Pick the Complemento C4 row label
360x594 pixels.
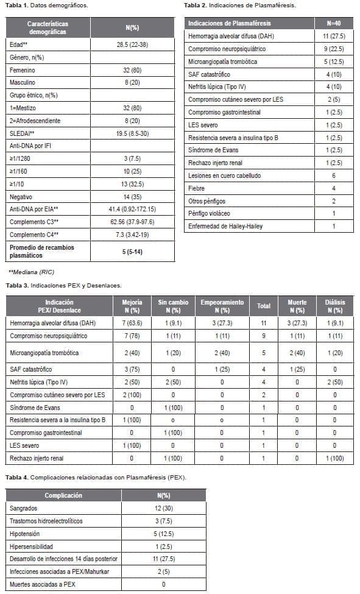tap(34, 235)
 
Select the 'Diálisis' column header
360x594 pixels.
tap(333, 305)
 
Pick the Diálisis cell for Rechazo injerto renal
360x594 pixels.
tap(333, 458)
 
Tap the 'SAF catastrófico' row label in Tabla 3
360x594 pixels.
tap(32, 370)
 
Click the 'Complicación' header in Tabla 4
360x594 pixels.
tap(63, 495)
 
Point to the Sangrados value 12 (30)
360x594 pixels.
tap(163, 507)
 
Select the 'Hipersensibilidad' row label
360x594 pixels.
tap(35, 547)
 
